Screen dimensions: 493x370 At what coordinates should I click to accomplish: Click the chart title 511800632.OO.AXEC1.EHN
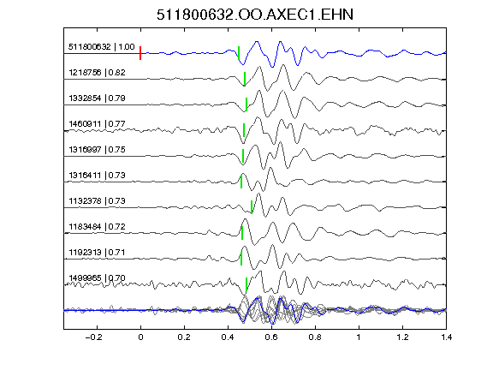255,15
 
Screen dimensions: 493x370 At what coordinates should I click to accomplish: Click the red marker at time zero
140,53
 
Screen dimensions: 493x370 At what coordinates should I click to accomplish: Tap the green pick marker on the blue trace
239,53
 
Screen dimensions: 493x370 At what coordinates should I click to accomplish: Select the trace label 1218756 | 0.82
98,73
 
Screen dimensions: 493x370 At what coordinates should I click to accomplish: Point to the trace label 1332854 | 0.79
98,98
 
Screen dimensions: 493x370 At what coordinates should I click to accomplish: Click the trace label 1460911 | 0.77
98,124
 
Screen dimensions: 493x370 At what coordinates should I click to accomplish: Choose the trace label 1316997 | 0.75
98,149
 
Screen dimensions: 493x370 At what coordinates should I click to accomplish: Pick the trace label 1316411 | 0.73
98,176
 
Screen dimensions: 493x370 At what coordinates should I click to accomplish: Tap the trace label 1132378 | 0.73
98,201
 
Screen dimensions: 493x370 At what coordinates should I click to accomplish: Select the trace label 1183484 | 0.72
98,227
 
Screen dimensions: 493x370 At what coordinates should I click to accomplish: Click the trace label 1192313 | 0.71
98,253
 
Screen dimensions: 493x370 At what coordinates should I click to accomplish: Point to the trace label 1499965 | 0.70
98,278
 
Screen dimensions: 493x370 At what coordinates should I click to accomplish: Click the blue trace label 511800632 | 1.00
102,47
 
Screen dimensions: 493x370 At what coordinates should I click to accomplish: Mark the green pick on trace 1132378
252,207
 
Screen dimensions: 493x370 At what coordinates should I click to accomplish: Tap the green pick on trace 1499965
246,284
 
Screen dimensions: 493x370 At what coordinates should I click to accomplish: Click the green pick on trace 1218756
245,79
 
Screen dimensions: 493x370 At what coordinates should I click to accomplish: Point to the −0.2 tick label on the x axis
94,337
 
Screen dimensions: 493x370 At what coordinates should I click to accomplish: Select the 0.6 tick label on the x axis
271,337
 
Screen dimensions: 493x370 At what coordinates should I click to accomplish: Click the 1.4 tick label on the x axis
446,337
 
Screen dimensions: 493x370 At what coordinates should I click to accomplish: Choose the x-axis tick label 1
359,337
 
